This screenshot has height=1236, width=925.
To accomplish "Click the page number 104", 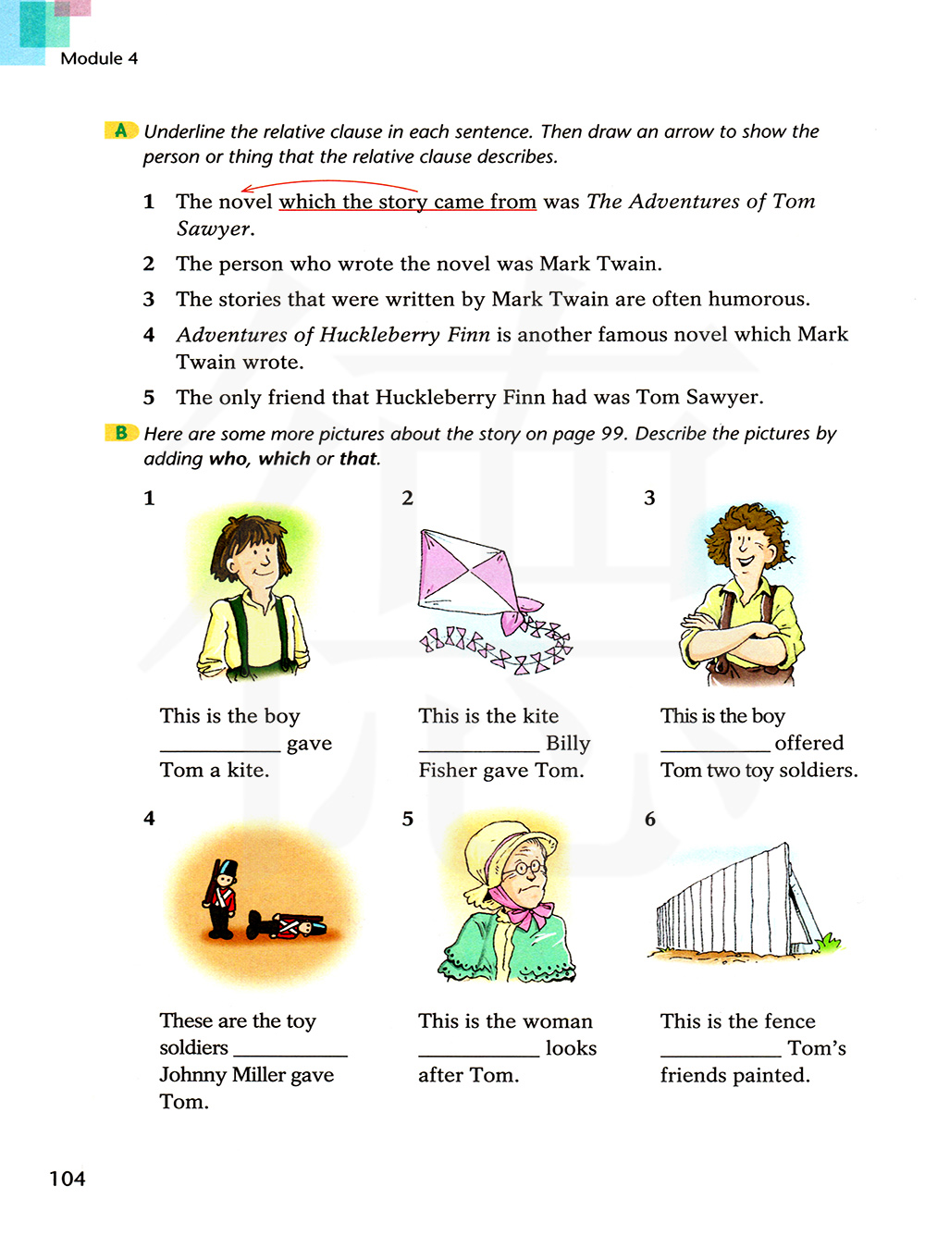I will pyautogui.click(x=67, y=1179).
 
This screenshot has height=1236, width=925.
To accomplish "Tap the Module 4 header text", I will pyautogui.click(x=99, y=58).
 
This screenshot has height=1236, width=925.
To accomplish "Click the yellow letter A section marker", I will pyautogui.click(x=121, y=130).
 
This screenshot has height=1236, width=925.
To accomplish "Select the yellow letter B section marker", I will pyautogui.click(x=121, y=432).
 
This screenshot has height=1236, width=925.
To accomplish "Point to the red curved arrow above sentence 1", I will pyautogui.click(x=328, y=185).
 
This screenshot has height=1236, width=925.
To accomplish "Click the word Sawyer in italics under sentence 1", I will pyautogui.click(x=214, y=229).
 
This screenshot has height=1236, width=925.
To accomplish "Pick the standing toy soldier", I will pyautogui.click(x=222, y=899).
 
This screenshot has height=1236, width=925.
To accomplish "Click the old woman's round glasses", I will pyautogui.click(x=527, y=868).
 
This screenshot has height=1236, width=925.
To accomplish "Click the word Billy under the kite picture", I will pyautogui.click(x=568, y=743).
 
